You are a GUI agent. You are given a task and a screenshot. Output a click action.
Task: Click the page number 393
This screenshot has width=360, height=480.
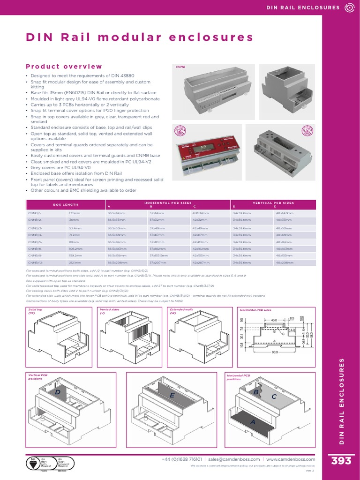341,461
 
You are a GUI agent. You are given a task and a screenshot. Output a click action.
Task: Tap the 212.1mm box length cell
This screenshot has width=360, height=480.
75,263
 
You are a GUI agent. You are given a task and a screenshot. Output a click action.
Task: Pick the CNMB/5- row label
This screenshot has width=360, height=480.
35,241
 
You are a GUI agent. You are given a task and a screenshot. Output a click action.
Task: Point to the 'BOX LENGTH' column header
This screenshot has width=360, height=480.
65,205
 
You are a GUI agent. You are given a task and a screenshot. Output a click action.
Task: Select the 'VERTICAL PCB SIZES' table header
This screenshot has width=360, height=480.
273,202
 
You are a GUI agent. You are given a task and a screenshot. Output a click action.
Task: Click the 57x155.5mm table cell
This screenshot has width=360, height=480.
158,255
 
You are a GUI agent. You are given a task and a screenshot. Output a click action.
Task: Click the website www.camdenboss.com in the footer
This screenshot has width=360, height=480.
291,459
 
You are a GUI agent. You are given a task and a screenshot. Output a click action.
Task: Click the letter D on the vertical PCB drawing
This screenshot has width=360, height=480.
58,392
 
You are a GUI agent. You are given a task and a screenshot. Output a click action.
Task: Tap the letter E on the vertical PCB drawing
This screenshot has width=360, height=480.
172,396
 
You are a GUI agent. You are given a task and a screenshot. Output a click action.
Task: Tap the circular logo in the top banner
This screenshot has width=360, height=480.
349,7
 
